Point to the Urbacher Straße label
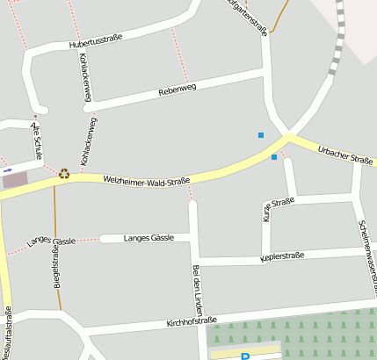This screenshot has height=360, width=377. [345, 155]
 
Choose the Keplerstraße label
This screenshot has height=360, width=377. [282, 256]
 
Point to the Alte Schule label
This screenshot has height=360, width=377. [37, 140]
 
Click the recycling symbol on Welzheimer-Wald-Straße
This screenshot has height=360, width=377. [63, 173]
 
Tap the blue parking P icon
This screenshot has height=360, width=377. [245, 356]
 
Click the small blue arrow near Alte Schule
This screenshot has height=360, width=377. [8, 169]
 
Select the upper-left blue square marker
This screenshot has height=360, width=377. [260, 134]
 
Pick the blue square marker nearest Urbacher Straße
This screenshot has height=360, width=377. [274, 157]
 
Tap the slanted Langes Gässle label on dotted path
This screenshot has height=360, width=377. [51, 241]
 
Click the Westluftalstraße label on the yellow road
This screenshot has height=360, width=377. [7, 334]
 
